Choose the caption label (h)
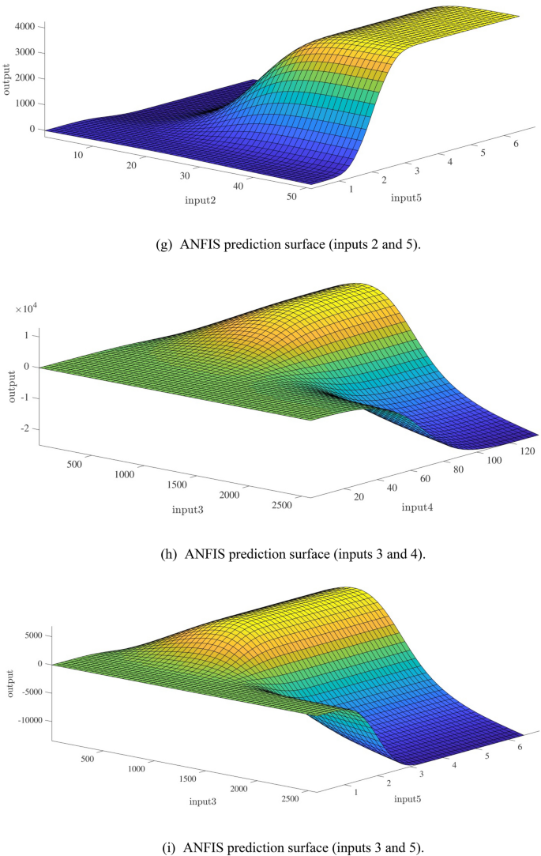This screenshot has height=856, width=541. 169,554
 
